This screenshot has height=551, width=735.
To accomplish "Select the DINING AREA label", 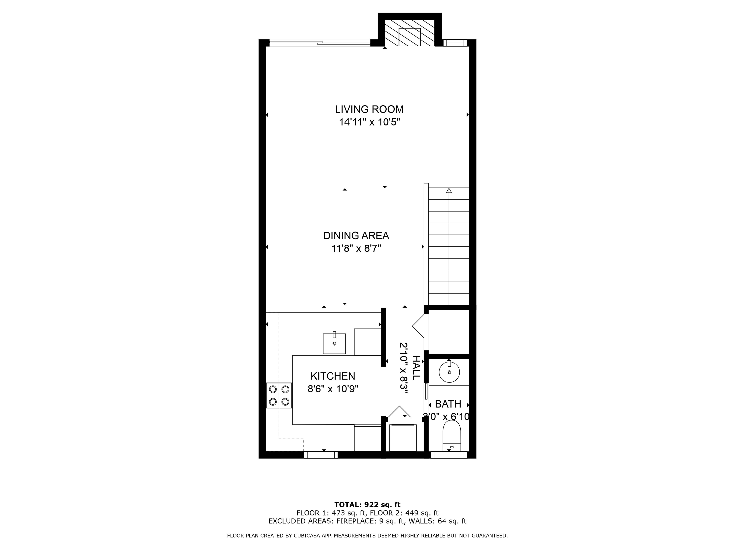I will point(356,236).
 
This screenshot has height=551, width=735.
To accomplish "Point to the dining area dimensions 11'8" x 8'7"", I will point(356,248).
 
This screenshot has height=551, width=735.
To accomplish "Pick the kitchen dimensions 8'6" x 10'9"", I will point(333,389).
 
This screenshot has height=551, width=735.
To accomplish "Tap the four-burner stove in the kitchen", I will point(279,395).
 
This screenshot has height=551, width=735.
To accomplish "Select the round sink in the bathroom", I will point(449,372).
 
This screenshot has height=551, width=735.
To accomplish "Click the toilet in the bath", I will point(452,435).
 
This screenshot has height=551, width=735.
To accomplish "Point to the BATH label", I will point(448,404).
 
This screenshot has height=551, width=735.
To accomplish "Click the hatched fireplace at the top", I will point(410,33).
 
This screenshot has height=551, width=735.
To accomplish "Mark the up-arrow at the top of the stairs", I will point(449,191).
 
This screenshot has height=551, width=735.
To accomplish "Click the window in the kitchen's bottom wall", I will point(321,455).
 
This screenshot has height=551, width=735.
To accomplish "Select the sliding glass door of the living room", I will point(320,43).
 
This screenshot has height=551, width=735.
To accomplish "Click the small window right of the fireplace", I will point(455,43).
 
